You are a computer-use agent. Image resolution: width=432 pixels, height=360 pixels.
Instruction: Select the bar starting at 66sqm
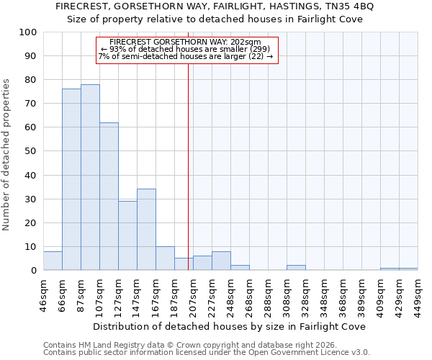pos(71,179)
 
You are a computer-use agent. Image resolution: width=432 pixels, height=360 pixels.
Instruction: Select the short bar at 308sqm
pos(296,268)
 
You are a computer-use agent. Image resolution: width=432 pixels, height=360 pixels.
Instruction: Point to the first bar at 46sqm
pos(53,261)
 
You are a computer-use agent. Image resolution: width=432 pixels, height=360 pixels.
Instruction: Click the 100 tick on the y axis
pos(29,32)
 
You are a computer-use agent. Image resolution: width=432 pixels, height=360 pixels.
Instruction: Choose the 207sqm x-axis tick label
pos(193,294)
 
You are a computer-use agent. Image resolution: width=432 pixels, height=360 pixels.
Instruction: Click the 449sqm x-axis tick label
pos(418,294)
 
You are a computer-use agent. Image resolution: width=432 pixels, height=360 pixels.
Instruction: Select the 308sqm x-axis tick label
pos(287,294)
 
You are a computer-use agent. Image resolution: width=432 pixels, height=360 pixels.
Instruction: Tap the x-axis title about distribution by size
pos(230,326)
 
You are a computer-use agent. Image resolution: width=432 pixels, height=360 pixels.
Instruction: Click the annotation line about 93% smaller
pos(186,49)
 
